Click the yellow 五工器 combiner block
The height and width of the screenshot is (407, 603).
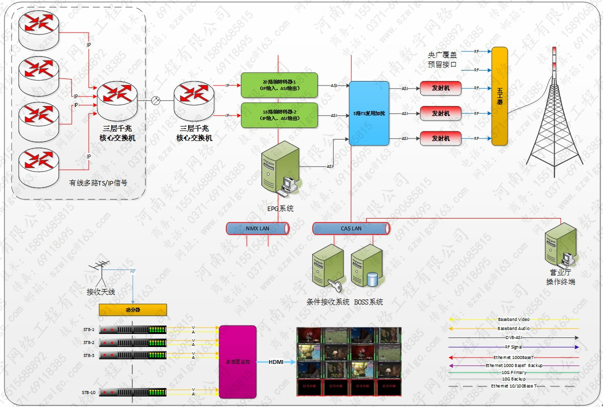tap(499, 96)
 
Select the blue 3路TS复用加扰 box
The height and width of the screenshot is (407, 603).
tap(369, 113)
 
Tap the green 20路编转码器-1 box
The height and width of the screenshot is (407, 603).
tap(279, 85)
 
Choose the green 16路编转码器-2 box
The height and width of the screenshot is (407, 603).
tap(279, 115)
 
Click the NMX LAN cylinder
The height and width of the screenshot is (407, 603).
tap(258, 228)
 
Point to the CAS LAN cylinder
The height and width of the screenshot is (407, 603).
tap(351, 228)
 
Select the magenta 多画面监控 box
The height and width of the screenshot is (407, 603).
tap(238, 361)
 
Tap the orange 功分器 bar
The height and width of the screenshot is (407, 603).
tap(132, 310)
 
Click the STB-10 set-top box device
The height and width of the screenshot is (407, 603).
tap(133, 392)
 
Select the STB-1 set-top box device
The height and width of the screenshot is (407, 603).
tap(133, 330)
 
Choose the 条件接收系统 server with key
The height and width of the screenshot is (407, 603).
tap(328, 267)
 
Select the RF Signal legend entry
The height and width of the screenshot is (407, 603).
tap(514, 347)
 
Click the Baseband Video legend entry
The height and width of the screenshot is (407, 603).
tap(514, 319)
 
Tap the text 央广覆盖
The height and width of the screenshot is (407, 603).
tap(442, 55)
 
